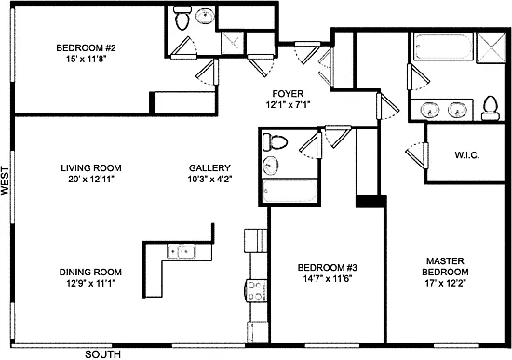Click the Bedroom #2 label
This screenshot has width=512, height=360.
(86, 48)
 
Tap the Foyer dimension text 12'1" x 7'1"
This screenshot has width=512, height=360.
(288, 105)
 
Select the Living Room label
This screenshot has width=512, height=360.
(91, 168)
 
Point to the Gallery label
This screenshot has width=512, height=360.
(209, 168)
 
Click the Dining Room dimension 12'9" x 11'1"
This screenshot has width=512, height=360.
(91, 283)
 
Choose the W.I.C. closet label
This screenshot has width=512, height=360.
(467, 155)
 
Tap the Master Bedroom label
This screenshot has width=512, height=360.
(445, 266)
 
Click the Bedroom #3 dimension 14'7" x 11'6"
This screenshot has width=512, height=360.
(327, 279)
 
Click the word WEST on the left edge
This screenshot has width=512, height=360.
(5, 181)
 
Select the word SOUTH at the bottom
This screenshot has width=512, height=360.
(102, 354)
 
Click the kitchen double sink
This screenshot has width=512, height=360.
(182, 251)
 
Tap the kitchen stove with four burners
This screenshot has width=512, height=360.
(256, 290)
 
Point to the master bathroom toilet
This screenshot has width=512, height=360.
(491, 108)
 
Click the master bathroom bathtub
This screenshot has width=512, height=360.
(443, 46)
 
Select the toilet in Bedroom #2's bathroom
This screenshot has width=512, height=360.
(182, 18)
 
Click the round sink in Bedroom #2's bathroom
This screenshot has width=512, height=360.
(205, 16)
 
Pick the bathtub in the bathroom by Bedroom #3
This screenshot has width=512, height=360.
(290, 192)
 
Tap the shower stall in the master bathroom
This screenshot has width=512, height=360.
(492, 47)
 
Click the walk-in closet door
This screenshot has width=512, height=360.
(417, 155)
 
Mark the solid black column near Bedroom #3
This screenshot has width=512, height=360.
(371, 202)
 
